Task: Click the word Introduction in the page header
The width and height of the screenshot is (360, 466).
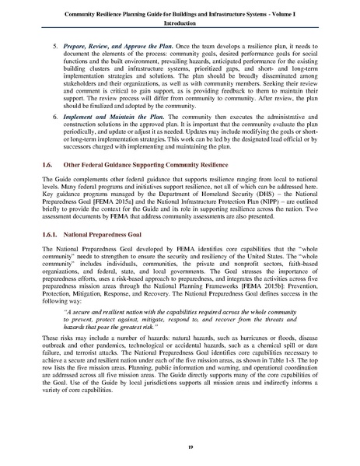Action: (x=180, y=24)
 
